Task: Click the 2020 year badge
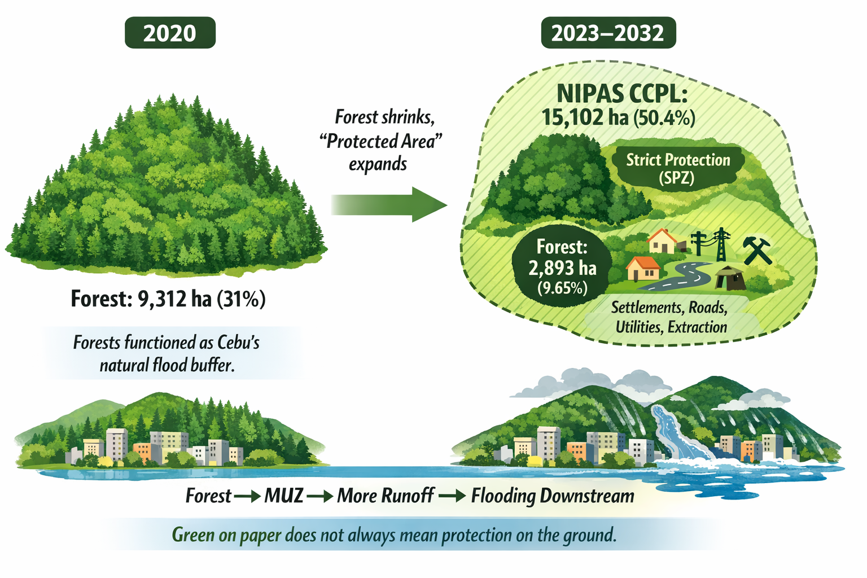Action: (x=170, y=33)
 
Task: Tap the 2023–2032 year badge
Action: (x=608, y=33)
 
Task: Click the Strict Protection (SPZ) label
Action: (x=677, y=168)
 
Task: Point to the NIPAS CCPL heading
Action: (x=622, y=93)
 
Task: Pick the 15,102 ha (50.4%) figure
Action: (x=619, y=117)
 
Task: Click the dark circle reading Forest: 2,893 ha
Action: (x=562, y=266)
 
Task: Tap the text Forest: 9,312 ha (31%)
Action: (x=168, y=299)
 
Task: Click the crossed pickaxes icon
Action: (x=756, y=250)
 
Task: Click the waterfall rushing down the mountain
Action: (x=677, y=432)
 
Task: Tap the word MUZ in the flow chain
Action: (x=284, y=496)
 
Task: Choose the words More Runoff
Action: (x=386, y=496)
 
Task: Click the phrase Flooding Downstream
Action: (x=553, y=496)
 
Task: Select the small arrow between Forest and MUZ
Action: (x=247, y=496)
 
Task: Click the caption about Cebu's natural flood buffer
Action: (x=167, y=353)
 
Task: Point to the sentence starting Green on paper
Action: (x=394, y=534)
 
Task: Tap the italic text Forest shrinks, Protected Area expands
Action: (x=381, y=141)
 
